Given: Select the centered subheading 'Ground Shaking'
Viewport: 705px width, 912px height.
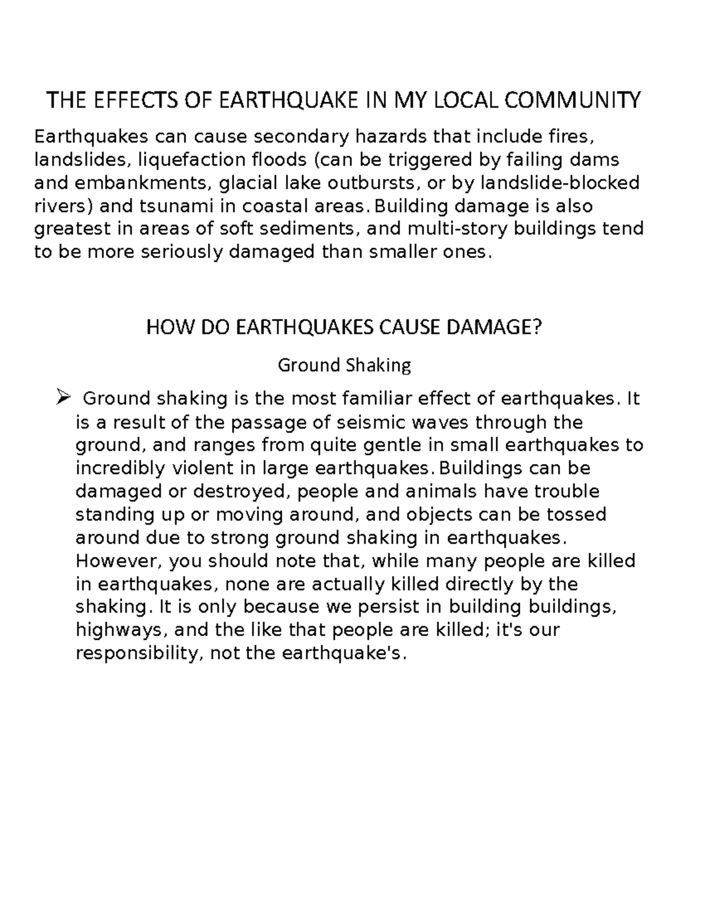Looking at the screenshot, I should coord(344,365).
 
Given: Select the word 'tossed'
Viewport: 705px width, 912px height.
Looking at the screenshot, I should coord(576,514).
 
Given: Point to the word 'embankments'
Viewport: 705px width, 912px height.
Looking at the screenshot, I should coord(141,183).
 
